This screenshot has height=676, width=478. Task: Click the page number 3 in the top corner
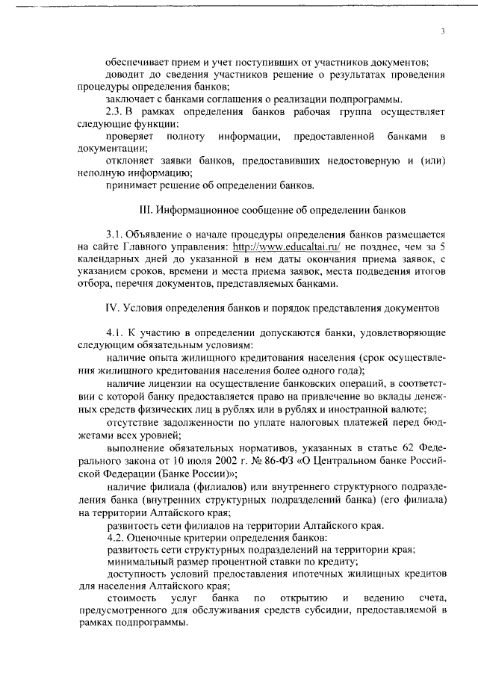(443, 31)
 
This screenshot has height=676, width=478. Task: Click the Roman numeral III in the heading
(146, 202)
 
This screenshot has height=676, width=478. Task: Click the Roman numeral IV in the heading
(109, 307)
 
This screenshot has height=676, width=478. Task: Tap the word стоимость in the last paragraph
(132, 598)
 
